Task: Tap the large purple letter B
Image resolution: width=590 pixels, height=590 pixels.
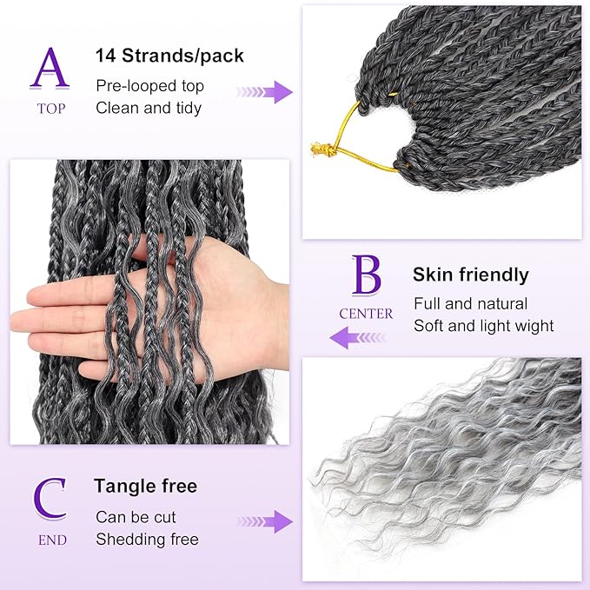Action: coord(366,275)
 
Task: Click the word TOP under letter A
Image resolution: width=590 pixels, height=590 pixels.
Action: coord(50,109)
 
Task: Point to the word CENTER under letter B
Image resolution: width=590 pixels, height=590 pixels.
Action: coord(367,314)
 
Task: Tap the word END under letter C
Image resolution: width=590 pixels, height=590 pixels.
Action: coord(50,540)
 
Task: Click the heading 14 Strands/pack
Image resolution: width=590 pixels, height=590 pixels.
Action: coord(169,56)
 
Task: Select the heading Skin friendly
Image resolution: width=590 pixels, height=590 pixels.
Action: coord(470,275)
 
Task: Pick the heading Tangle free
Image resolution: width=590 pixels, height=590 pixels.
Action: coord(146,486)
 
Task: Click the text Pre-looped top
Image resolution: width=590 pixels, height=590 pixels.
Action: coord(149,86)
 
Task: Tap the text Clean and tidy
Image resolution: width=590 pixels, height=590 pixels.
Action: coord(149,108)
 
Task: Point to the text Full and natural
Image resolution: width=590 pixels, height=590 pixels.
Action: coord(470,304)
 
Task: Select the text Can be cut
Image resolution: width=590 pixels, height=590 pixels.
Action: coord(136,517)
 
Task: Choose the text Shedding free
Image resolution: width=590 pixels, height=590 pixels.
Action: coord(147,539)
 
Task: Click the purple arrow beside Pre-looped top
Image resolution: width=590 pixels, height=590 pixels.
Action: coord(265,90)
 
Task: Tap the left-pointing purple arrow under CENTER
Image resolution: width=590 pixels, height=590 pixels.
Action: coord(359,336)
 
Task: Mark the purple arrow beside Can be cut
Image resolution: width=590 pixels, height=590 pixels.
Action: coord(265,521)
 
